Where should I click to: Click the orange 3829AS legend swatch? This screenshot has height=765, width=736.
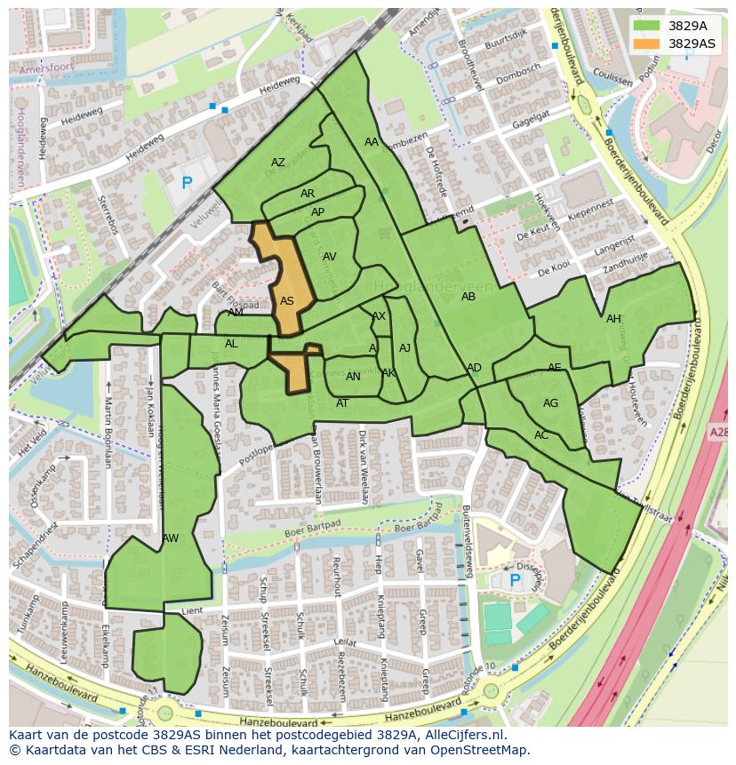pos(647,44)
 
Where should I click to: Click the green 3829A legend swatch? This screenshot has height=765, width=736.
pos(647,26)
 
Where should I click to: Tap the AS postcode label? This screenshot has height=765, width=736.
pos(287,301)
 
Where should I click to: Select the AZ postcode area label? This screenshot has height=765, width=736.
pos(278,163)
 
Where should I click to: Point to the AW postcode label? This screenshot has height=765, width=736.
pos(171,538)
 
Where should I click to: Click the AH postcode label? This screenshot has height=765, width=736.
pos(613,319)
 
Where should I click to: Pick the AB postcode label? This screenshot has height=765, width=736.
pos(468,297)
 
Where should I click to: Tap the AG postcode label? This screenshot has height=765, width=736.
pos(550,403)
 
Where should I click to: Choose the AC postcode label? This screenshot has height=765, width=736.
pos(541,435)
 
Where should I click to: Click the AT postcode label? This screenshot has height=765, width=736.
pos(342,403)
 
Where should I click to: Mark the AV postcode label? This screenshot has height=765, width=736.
pos(330,257)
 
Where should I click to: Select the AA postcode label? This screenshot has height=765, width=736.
pos(372,142)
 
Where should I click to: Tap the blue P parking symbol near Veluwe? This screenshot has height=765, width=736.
pos(187,184)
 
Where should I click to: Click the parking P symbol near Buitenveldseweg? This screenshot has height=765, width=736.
pos(514,580)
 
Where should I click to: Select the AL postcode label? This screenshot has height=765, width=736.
pos(231,344)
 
